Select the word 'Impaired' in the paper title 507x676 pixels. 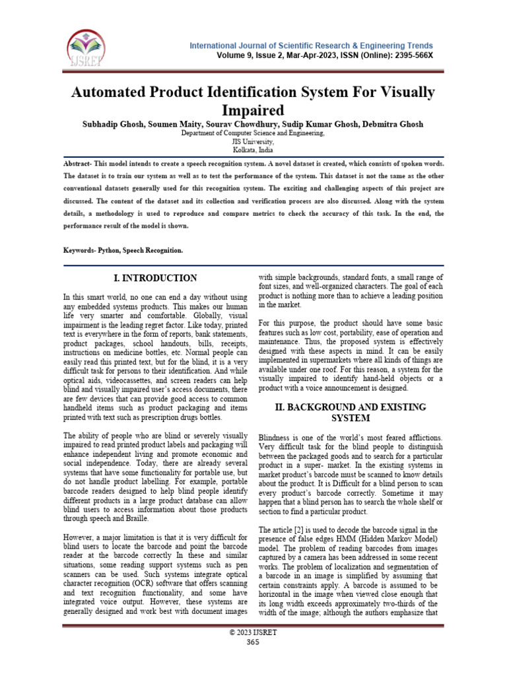[253, 109]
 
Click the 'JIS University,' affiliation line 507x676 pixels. [253, 141]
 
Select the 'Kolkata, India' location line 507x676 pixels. [253, 150]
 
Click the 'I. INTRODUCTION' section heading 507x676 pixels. [156, 278]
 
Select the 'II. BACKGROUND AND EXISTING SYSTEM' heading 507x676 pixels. [351, 413]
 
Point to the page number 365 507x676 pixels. [253, 642]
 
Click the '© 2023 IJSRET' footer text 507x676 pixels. [253, 633]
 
